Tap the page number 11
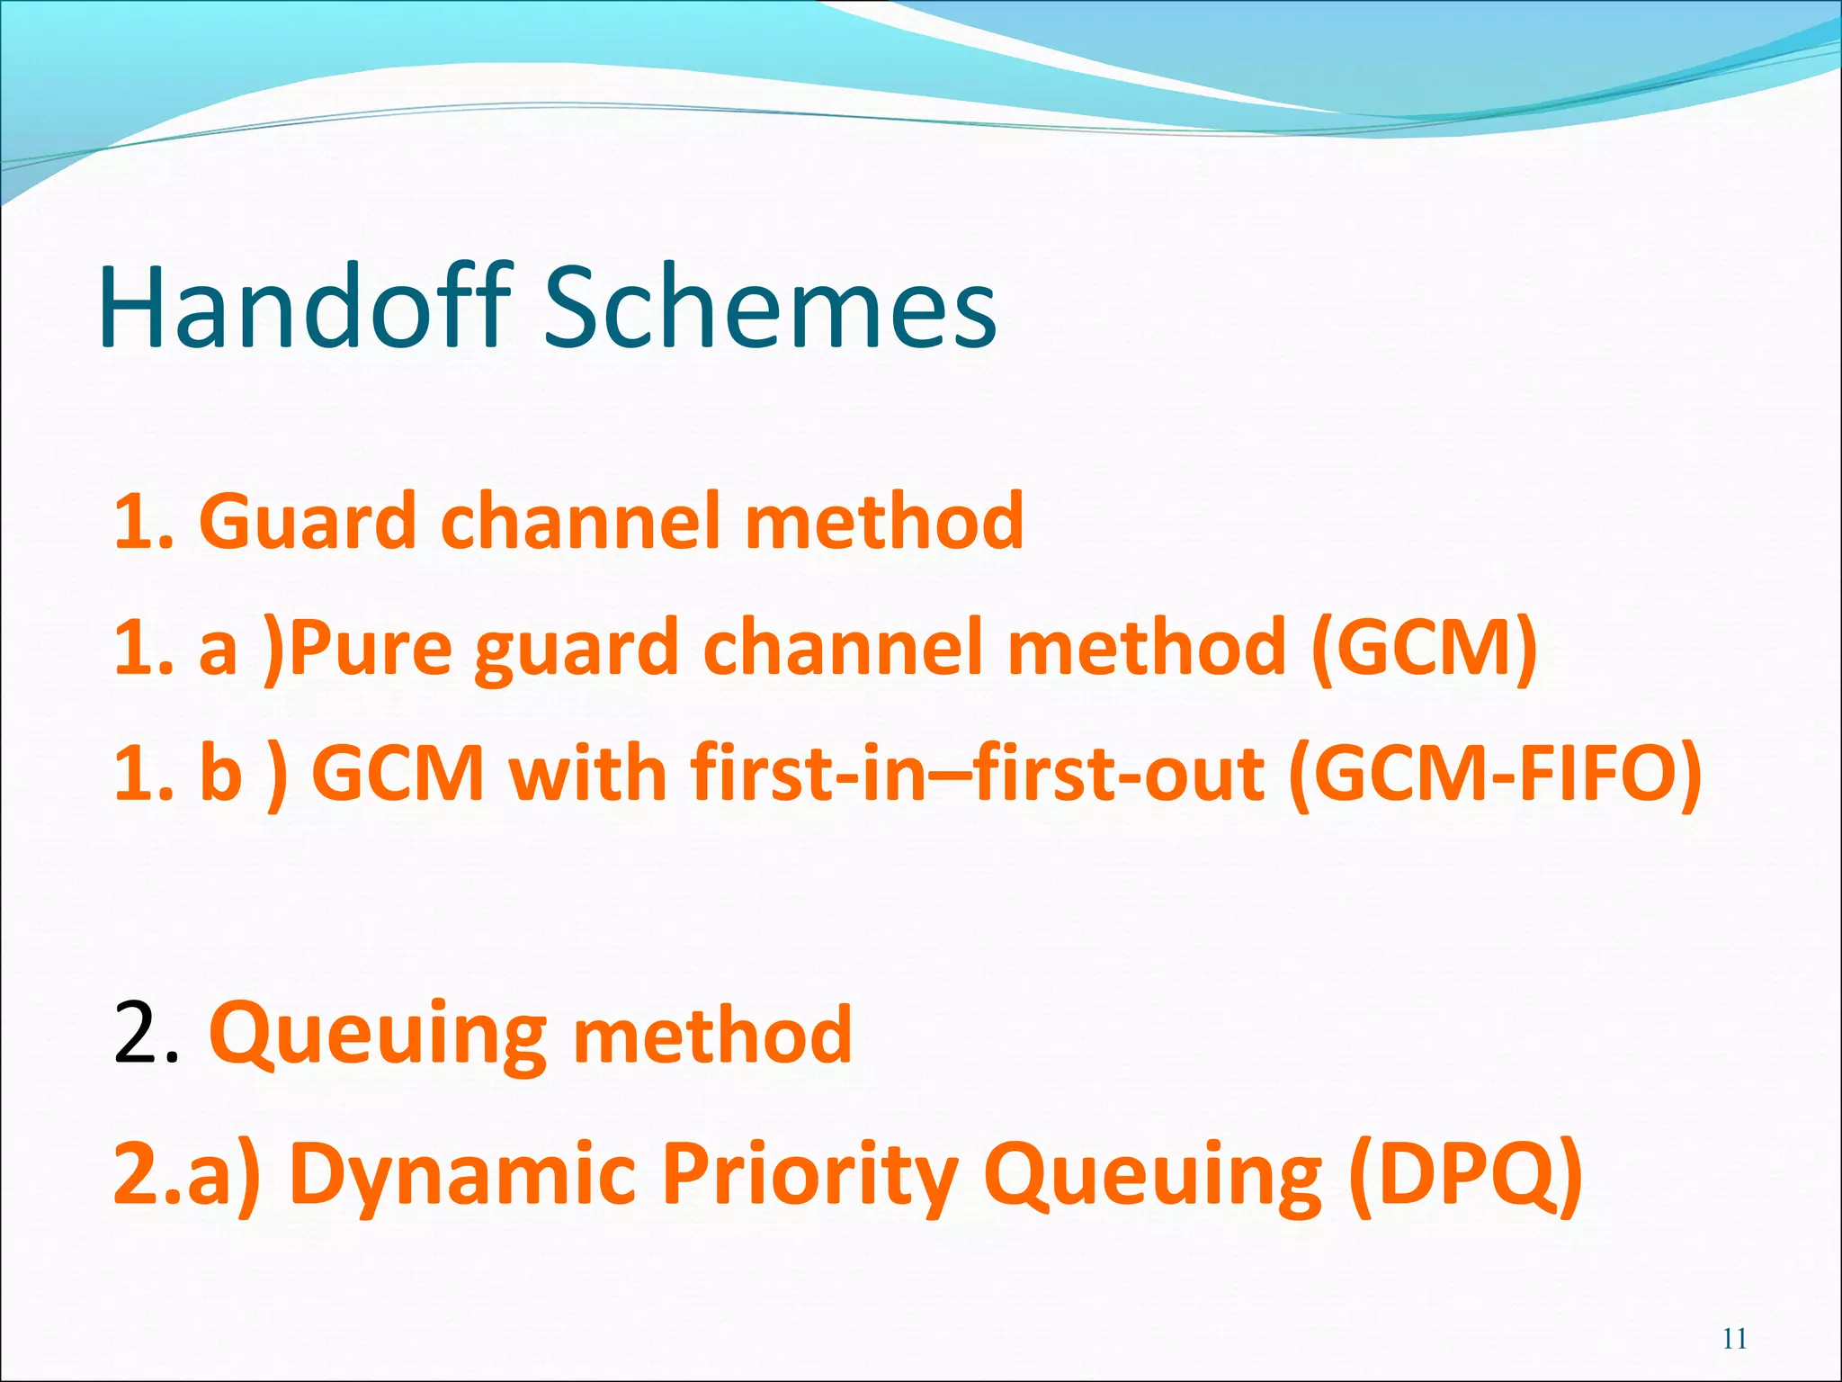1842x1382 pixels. click(1735, 1339)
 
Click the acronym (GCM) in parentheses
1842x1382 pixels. click(1424, 648)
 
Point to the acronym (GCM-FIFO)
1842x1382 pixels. click(1495, 774)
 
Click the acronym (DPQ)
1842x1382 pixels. click(1465, 1174)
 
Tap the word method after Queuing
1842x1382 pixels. click(712, 1036)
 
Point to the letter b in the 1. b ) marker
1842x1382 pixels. click(220, 774)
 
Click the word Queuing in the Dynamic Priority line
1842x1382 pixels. click(1152, 1174)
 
